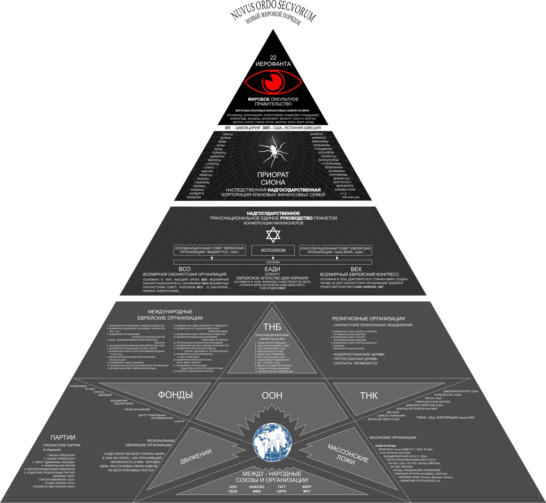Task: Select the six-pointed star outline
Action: [x=273, y=235]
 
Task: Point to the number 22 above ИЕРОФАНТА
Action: [x=273, y=58]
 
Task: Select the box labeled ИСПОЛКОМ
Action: [x=273, y=250]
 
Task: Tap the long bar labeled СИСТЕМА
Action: [x=273, y=262]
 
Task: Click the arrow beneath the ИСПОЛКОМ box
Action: [x=273, y=258]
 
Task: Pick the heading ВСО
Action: [x=184, y=269]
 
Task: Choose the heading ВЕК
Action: [x=356, y=269]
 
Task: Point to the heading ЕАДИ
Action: [x=272, y=269]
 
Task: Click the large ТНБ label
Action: [x=272, y=327]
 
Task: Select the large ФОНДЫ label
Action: [x=175, y=395]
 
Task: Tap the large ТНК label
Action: [x=369, y=396]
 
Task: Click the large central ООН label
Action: [x=272, y=395]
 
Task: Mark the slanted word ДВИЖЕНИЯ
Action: [x=196, y=457]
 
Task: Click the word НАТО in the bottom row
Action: [x=282, y=491]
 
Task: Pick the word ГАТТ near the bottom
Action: [x=282, y=487]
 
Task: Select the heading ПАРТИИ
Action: [x=63, y=438]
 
